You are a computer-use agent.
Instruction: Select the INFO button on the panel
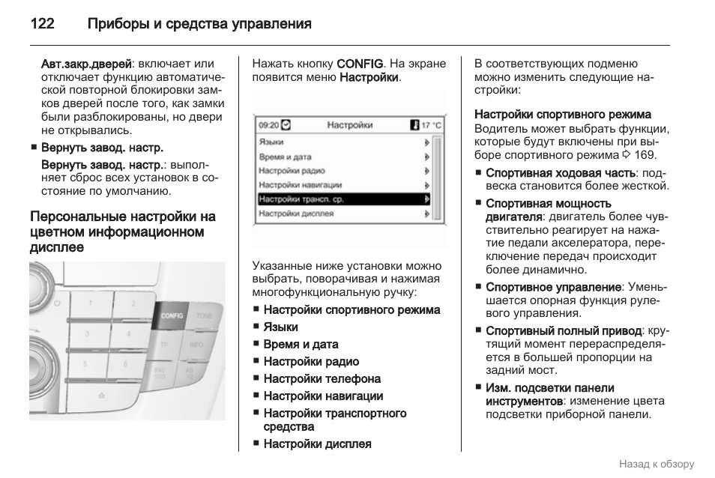click(x=196, y=345)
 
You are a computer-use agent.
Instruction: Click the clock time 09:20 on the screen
click(x=268, y=125)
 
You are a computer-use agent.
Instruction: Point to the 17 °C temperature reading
click(x=431, y=125)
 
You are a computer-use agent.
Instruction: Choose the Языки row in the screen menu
click(x=271, y=142)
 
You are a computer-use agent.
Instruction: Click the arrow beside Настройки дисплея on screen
click(x=426, y=214)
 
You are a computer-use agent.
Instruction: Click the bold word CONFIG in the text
click(x=360, y=64)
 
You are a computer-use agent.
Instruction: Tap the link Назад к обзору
click(x=657, y=464)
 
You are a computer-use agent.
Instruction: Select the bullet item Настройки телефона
click(x=322, y=379)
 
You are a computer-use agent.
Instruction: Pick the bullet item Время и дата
click(x=301, y=345)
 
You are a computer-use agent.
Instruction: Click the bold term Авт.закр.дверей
click(x=86, y=64)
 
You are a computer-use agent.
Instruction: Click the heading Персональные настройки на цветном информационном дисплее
click(x=123, y=232)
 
